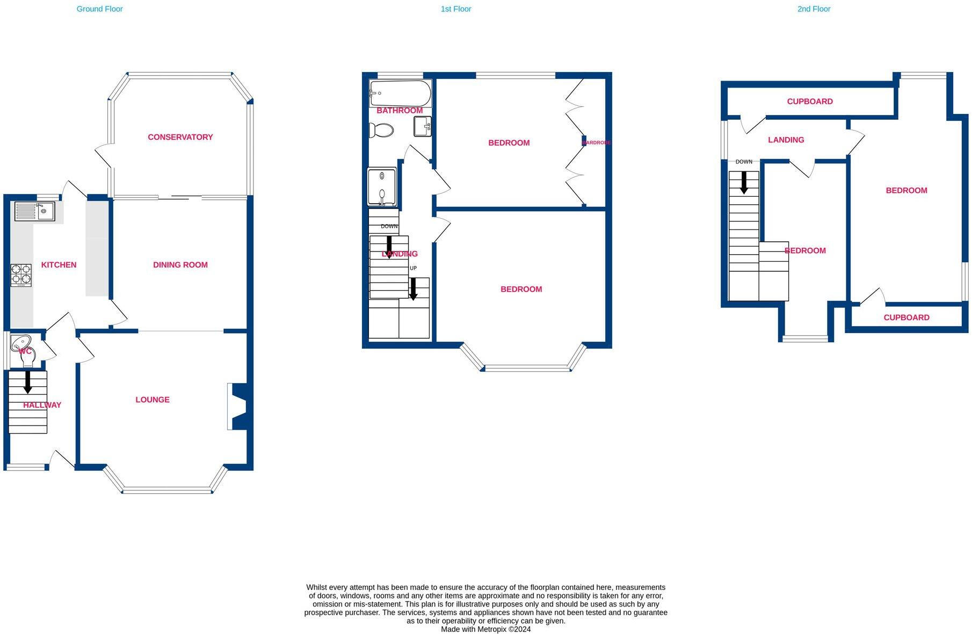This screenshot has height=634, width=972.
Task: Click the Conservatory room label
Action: [180, 137]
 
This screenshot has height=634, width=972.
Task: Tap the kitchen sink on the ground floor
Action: [34, 211]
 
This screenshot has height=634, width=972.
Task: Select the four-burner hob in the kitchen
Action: [21, 275]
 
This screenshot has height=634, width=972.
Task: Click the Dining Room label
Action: [180, 265]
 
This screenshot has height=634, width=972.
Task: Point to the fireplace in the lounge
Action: [237, 406]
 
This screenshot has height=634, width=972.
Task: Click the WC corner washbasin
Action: [21, 342]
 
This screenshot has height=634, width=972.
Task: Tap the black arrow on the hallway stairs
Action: [28, 382]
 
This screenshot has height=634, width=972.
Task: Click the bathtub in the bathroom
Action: [400, 93]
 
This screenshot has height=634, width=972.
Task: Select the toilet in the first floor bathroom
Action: [382, 130]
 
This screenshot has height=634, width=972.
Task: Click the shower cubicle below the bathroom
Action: [382, 187]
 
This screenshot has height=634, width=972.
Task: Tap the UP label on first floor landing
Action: [413, 268]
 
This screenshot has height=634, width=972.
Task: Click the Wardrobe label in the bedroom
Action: [596, 142]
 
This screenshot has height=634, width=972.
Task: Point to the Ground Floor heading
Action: [99, 9]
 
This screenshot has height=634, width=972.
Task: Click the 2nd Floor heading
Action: [814, 9]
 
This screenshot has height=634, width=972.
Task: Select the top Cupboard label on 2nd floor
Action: [809, 102]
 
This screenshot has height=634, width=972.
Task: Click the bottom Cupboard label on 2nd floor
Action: [906, 318]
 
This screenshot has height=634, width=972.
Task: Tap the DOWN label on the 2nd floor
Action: [744, 162]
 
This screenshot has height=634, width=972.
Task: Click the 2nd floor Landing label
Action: [786, 140]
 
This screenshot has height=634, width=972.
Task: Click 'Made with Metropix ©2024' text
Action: [485, 629]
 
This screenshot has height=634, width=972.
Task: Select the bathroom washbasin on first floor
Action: [422, 127]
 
